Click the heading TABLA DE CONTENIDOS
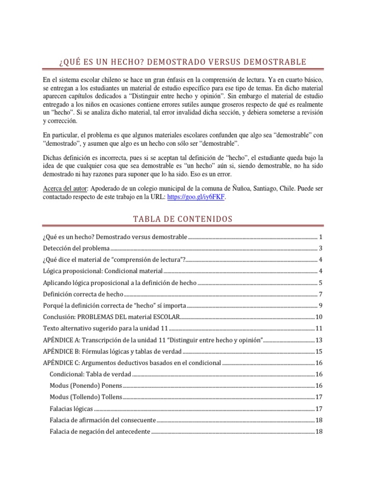pos(183,219)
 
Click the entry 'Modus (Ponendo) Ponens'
pos(86,385)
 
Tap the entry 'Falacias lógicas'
pos(71,409)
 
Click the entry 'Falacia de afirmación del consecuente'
pos(102,420)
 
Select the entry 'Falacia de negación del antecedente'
pos(100,432)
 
